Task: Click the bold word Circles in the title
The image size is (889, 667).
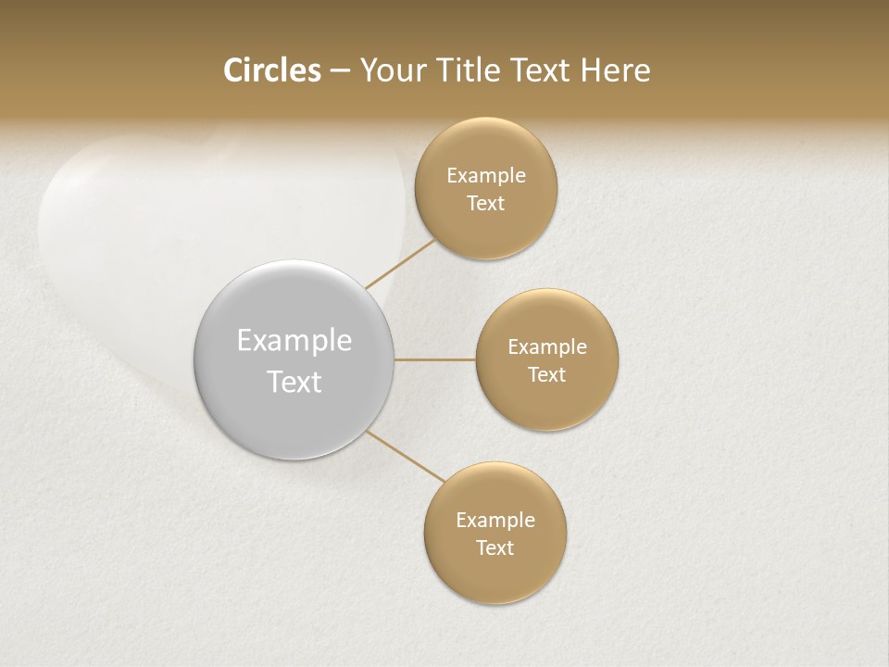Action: point(271,70)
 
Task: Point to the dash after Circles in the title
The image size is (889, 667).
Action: point(339,71)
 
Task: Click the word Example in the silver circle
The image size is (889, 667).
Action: point(294,341)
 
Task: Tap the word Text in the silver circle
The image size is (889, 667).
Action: point(294,382)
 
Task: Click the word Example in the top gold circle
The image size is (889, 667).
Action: point(485,175)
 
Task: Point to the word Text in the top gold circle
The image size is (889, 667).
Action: point(485,203)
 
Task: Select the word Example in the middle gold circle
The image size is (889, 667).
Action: point(546,346)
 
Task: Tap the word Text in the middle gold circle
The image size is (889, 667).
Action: point(546,374)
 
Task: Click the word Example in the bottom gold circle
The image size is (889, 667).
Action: point(495,520)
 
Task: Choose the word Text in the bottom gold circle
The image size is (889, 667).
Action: point(495,547)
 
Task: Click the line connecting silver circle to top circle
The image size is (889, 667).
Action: point(400,264)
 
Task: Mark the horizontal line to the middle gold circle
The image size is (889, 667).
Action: point(434,359)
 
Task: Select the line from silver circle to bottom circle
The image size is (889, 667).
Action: point(405,455)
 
